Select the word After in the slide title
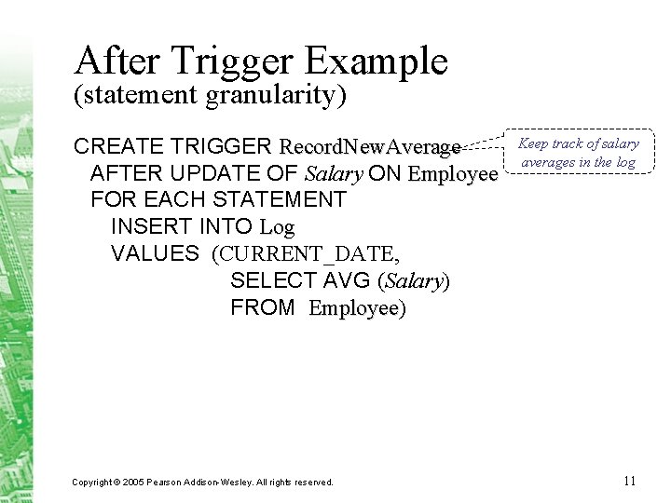(109, 61)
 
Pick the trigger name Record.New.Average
(370, 147)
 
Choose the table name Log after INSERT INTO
(277, 226)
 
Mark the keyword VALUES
(155, 253)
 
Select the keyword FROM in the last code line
(262, 307)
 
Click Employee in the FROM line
(354, 307)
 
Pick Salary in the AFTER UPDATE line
(334, 174)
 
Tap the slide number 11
(629, 481)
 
